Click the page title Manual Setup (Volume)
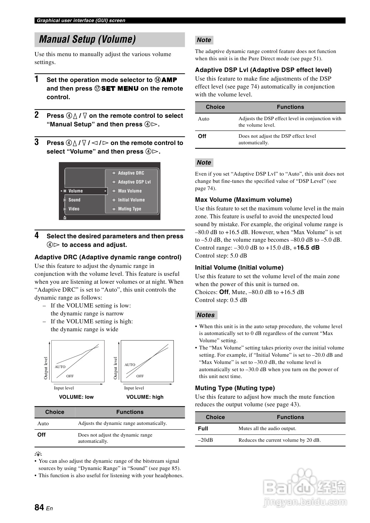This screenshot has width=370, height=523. click(87, 40)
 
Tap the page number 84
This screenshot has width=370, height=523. click(39, 507)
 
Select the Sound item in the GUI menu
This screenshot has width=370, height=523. click(74, 200)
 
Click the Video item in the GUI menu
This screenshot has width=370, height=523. click(74, 209)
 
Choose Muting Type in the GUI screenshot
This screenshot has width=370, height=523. click(129, 209)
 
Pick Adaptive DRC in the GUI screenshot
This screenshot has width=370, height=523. click(131, 173)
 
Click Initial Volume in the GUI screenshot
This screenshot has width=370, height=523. click(131, 200)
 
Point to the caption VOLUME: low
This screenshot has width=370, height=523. click(76, 397)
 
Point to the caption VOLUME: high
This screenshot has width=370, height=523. click(145, 397)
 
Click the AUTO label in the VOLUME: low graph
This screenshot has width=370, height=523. click(60, 367)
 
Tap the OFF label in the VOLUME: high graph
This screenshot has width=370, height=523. click(140, 376)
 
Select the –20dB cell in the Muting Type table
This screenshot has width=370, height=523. click(205, 440)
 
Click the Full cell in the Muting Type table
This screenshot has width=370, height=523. click(203, 429)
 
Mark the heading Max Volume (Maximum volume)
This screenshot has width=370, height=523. click(243, 200)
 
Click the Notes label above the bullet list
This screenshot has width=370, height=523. click(206, 315)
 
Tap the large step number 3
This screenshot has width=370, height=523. click(36, 142)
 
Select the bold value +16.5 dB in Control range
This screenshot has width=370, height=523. click(306, 248)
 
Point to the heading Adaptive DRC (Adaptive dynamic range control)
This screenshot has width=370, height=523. click(108, 257)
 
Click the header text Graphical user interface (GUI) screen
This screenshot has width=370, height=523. click(81, 21)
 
